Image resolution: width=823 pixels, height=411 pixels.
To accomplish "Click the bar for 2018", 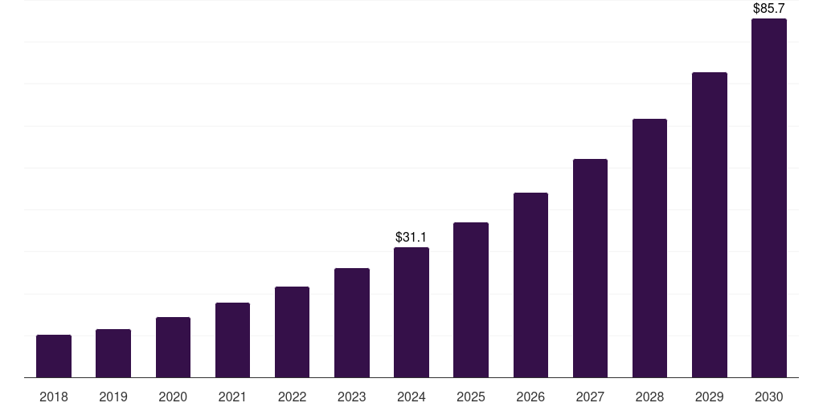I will point(54,356).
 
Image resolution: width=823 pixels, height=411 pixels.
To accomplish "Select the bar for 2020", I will point(173,348).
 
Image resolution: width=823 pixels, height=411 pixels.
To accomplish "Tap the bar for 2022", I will point(292,332).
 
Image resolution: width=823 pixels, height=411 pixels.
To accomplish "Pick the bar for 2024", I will point(411,312).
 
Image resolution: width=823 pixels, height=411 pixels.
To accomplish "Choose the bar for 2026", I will point(530,285).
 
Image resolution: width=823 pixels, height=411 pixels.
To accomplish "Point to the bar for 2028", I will point(649,248).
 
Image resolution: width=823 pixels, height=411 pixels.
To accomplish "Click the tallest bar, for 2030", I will point(769,198).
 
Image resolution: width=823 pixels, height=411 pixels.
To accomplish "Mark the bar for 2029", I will point(710,225).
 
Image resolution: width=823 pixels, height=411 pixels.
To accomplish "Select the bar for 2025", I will point(471,300).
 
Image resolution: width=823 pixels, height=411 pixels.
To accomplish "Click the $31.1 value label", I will point(411,238).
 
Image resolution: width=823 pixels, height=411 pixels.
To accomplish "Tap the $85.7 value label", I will point(769,8).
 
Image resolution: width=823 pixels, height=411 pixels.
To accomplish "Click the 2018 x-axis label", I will point(54,397).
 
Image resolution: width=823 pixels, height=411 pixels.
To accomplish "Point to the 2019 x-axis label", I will point(113,397).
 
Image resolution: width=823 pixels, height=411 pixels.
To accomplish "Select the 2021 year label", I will point(232,397).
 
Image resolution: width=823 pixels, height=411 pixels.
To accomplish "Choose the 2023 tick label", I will point(352,397).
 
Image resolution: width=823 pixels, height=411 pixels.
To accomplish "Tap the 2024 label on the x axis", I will point(411,397).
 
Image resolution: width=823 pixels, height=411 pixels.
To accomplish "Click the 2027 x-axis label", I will point(590,397).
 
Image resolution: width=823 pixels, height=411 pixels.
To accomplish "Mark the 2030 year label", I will point(769,397).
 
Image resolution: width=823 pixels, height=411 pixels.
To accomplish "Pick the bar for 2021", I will point(232,340).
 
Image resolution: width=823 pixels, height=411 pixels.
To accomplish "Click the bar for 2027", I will point(590,268).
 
